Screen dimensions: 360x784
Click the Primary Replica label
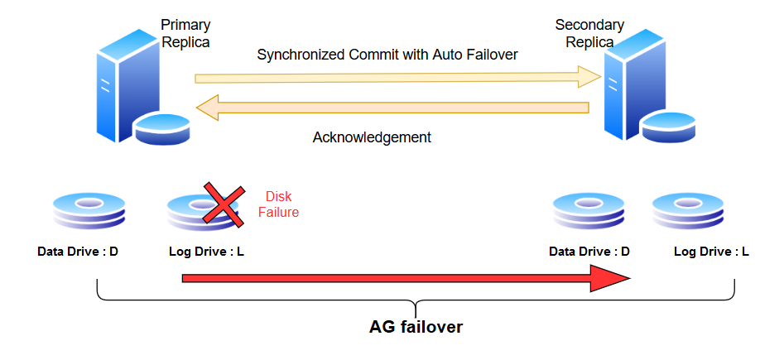(x=185, y=33)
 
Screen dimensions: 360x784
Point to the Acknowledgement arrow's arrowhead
(x=207, y=108)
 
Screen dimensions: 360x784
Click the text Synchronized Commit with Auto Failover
(x=387, y=55)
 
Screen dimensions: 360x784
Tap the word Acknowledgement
(x=372, y=137)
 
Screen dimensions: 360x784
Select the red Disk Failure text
(x=278, y=204)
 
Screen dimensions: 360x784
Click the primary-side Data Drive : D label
(x=78, y=251)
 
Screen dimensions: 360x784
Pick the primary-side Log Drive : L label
(x=206, y=251)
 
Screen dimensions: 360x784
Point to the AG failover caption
(x=416, y=327)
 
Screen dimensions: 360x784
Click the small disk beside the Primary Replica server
(x=163, y=128)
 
